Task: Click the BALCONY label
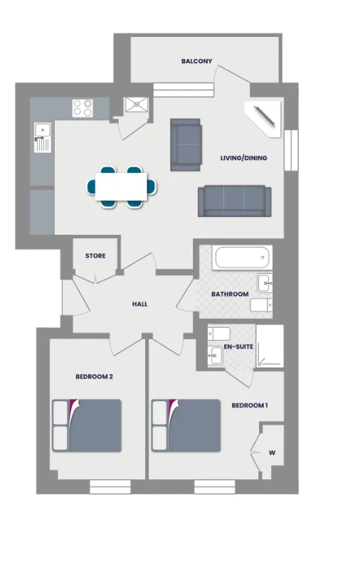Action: click(x=196, y=62)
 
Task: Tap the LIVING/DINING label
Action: click(x=243, y=158)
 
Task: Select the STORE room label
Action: click(x=95, y=256)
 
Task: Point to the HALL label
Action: click(x=139, y=304)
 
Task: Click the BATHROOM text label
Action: click(x=230, y=294)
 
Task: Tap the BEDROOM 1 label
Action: click(x=250, y=406)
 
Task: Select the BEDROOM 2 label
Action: click(x=95, y=377)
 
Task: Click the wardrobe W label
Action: click(x=272, y=452)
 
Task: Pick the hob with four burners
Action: click(x=83, y=107)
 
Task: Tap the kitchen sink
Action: click(x=42, y=131)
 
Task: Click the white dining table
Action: click(x=121, y=186)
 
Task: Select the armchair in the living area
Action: click(x=185, y=145)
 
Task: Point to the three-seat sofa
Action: click(x=234, y=201)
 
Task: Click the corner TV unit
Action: click(x=266, y=117)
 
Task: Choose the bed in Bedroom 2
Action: click(x=87, y=425)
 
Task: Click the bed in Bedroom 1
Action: click(x=186, y=425)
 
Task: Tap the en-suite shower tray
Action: click(x=270, y=346)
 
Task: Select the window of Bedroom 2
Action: click(x=110, y=487)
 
